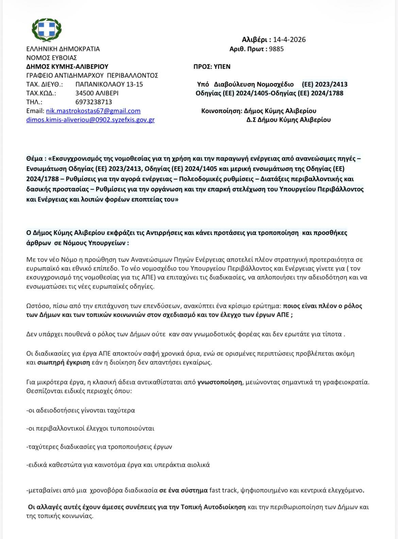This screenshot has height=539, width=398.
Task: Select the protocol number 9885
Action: [276, 49]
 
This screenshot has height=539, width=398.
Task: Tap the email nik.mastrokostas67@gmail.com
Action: [83, 111]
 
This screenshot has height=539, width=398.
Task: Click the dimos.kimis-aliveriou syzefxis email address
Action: [90, 120]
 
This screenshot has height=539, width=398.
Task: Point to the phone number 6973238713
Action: [94, 102]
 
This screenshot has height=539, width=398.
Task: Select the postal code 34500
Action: [84, 93]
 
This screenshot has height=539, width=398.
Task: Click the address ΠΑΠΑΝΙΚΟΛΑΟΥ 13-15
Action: [109, 84]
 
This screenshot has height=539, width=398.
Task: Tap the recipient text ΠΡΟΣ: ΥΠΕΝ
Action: [212, 67]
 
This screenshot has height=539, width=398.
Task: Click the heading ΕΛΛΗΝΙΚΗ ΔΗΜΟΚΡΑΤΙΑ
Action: [63, 49]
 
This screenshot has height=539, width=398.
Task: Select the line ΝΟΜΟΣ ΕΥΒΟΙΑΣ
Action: [52, 58]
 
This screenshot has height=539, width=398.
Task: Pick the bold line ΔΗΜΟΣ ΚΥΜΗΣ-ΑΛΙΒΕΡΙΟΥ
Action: [67, 67]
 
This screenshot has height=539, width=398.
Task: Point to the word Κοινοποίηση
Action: [220, 111]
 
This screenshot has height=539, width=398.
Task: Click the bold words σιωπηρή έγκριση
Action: [63, 362]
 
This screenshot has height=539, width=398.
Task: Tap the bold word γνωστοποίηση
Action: [220, 382]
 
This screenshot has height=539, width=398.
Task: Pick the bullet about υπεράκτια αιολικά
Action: [118, 465]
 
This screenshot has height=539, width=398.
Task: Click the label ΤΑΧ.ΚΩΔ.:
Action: [41, 93]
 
